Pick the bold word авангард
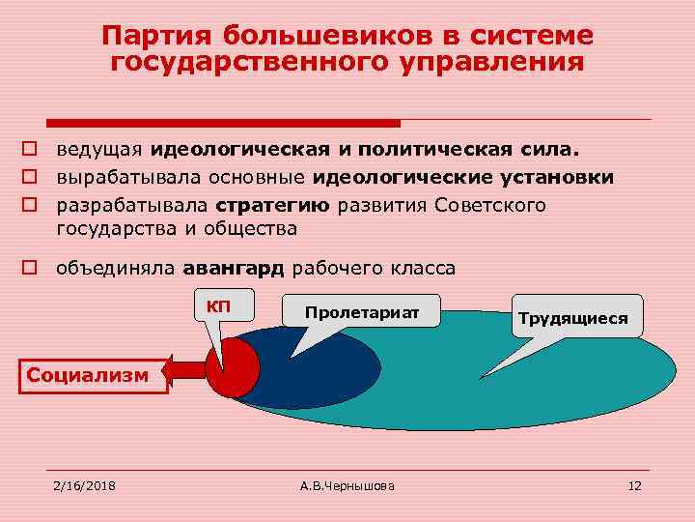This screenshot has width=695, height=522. click(x=240, y=268)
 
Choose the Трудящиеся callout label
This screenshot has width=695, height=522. click(x=572, y=317)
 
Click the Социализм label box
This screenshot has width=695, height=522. click(x=88, y=373)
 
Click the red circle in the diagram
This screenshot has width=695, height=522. click(x=236, y=368)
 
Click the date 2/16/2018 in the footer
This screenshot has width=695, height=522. click(x=84, y=483)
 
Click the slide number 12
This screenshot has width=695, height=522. click(x=634, y=483)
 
